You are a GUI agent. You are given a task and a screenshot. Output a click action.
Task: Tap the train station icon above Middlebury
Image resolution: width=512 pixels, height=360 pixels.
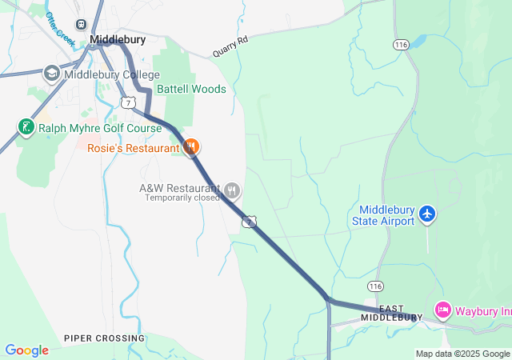pyautogui.click(x=80, y=25)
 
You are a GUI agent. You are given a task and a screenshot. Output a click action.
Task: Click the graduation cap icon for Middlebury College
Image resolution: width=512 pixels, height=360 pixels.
pyautogui.click(x=52, y=74)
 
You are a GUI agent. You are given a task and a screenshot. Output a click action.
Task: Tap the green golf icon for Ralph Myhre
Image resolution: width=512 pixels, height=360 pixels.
pyautogui.click(x=26, y=126)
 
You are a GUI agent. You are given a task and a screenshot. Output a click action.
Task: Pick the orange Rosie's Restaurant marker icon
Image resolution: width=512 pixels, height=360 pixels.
pyautogui.click(x=191, y=146)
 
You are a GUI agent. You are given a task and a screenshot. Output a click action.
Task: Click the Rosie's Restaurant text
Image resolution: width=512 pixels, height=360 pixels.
pyautogui.click(x=134, y=148)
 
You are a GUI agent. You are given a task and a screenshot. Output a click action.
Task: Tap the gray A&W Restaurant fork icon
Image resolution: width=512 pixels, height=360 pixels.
pyautogui.click(x=232, y=190)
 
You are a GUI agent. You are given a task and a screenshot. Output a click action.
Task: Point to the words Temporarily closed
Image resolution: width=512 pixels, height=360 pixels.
pyautogui.click(x=182, y=198)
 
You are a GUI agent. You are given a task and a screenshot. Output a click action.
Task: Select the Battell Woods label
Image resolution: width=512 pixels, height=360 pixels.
pyautogui.click(x=191, y=89)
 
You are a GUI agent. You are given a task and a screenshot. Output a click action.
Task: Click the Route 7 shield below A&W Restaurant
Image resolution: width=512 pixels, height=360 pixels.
pyautogui.click(x=250, y=221)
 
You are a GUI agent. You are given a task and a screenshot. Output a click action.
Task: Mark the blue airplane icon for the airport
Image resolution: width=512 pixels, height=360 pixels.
pyautogui.click(x=427, y=214)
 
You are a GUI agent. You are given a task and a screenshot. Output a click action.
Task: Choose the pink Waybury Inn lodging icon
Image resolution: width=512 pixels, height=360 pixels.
pyautogui.click(x=442, y=310)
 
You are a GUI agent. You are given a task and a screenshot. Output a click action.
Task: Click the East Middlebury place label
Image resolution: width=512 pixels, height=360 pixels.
pyautogui.click(x=392, y=313)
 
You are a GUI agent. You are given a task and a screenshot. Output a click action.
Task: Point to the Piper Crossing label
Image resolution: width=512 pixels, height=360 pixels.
pyautogui.click(x=105, y=338)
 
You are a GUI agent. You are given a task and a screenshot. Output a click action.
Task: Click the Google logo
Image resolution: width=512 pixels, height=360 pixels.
pyautogui.click(x=27, y=350)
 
